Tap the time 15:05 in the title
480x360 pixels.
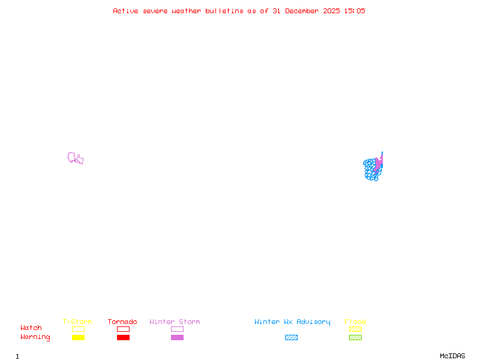pyautogui.click(x=355, y=11)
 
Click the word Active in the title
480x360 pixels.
pyautogui.click(x=125, y=11)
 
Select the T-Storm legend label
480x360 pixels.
pyautogui.click(x=77, y=322)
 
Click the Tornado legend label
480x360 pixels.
pyautogui.click(x=122, y=322)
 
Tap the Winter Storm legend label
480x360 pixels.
pyautogui.click(x=175, y=322)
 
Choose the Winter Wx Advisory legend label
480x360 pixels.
pyautogui.click(x=292, y=322)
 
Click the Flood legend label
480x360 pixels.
pyautogui.click(x=355, y=322)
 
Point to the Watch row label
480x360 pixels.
pyautogui.click(x=31, y=328)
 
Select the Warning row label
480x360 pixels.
pyautogui.click(x=35, y=337)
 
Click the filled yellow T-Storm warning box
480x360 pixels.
pyautogui.click(x=78, y=338)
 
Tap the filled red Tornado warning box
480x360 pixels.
pyautogui.click(x=123, y=338)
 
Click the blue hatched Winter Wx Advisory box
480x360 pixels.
pyautogui.click(x=291, y=338)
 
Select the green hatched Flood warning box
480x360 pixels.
pyautogui.click(x=355, y=338)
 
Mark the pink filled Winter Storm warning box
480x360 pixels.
pyautogui.click(x=177, y=338)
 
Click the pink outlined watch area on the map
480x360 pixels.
pyautogui.click(x=75, y=158)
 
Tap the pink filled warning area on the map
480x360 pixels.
pyautogui.click(x=379, y=163)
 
